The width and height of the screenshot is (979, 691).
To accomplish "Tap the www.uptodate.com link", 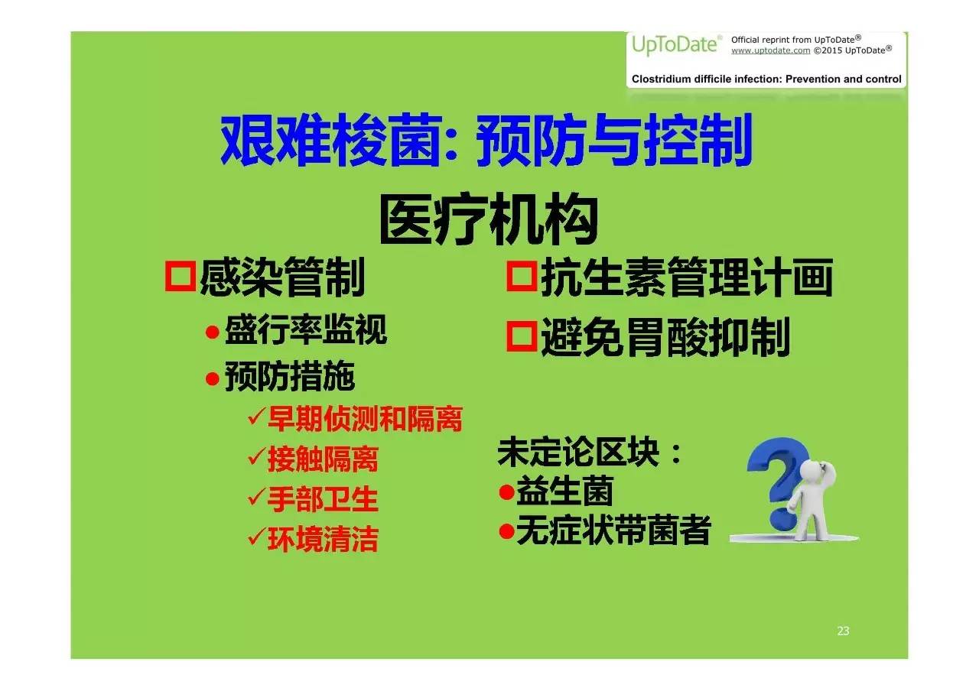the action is tap(770, 50).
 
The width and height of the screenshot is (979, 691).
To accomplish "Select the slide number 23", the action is tap(843, 631).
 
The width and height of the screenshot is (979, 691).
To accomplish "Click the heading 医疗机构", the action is tap(489, 219).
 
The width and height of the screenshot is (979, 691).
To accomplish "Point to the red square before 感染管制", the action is tap(180, 276).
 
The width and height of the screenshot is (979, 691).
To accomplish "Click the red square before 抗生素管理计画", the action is tap(522, 276).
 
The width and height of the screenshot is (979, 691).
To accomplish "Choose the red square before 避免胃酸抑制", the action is tap(522, 336).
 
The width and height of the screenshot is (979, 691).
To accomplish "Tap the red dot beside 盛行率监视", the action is tap(213, 333).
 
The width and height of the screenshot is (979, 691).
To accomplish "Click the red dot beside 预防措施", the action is tap(213, 378).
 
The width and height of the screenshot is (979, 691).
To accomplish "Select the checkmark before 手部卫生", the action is tap(256, 497).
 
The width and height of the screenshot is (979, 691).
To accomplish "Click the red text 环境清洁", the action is tap(323, 539).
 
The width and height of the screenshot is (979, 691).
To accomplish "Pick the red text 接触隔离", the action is tap(323, 459).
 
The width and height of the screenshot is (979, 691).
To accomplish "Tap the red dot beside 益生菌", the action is tap(506, 492).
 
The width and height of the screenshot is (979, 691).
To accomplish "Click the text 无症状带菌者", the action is tap(613, 530).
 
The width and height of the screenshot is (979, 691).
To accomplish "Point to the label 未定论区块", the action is tap(578, 452).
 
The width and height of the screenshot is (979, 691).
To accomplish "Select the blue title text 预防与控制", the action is tap(613, 140).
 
